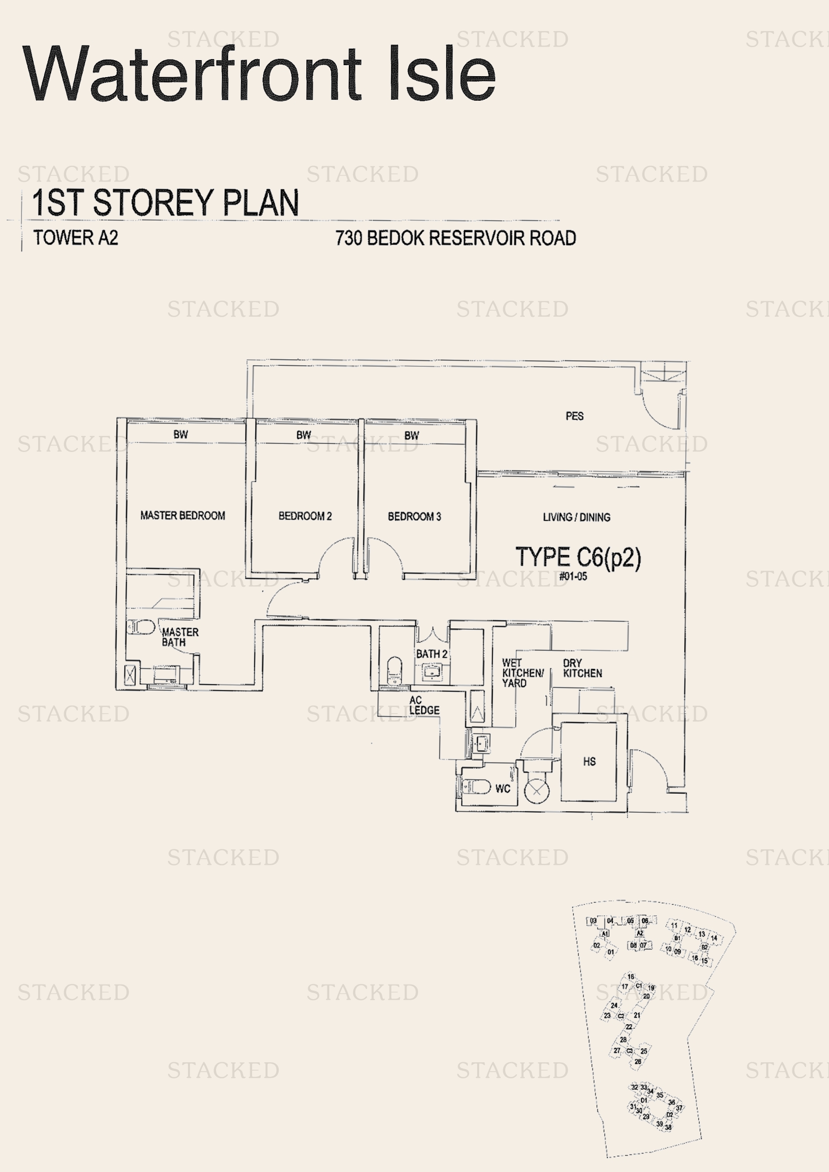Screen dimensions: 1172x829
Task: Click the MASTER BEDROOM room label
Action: pyautogui.click(x=182, y=516)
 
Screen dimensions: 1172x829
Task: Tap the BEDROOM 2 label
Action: pyautogui.click(x=305, y=516)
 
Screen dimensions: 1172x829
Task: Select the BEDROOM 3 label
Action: pyautogui.click(x=414, y=517)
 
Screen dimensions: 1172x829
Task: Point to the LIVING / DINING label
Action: pyautogui.click(x=576, y=517)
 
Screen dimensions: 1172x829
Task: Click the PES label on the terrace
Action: pyautogui.click(x=574, y=416)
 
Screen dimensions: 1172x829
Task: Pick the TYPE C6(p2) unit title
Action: pyautogui.click(x=578, y=557)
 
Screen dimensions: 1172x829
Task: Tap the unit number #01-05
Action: pyautogui.click(x=573, y=577)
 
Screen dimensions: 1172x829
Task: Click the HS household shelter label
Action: pyautogui.click(x=589, y=762)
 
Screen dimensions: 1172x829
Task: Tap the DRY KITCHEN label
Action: pyautogui.click(x=582, y=668)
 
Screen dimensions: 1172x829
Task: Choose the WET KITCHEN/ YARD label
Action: pyautogui.click(x=522, y=673)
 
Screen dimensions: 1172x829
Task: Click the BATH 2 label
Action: pyautogui.click(x=432, y=654)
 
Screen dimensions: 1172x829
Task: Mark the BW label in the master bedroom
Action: pyautogui.click(x=180, y=434)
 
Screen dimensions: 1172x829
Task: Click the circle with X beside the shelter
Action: pyautogui.click(x=536, y=791)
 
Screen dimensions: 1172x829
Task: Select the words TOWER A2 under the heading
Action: pyautogui.click(x=76, y=238)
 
